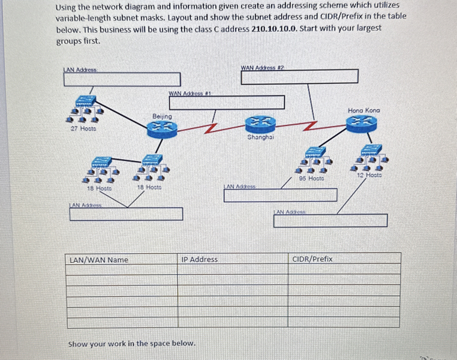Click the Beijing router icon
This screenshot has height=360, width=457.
(x=161, y=128)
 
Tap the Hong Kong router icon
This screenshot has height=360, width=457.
(x=363, y=122)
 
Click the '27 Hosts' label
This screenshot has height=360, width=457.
(x=83, y=128)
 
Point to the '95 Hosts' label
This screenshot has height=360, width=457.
(x=311, y=178)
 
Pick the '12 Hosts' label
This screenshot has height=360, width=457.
(x=369, y=175)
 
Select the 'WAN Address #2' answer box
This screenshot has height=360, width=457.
(x=299, y=76)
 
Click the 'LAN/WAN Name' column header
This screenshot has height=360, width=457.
(x=99, y=260)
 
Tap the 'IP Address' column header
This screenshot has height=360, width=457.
(x=200, y=259)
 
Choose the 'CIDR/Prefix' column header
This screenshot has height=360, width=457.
(x=312, y=259)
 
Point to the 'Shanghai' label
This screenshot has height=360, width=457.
(x=261, y=137)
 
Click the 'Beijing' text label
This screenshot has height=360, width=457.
(x=162, y=116)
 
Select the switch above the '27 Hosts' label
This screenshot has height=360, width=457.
(x=85, y=101)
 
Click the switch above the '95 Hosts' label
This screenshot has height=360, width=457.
(x=314, y=152)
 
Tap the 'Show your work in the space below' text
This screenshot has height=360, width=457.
(x=132, y=344)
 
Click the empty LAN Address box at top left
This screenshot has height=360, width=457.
(x=122, y=79)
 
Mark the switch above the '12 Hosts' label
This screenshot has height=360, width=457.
(x=371, y=149)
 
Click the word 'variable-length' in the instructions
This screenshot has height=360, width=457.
(x=82, y=17)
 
